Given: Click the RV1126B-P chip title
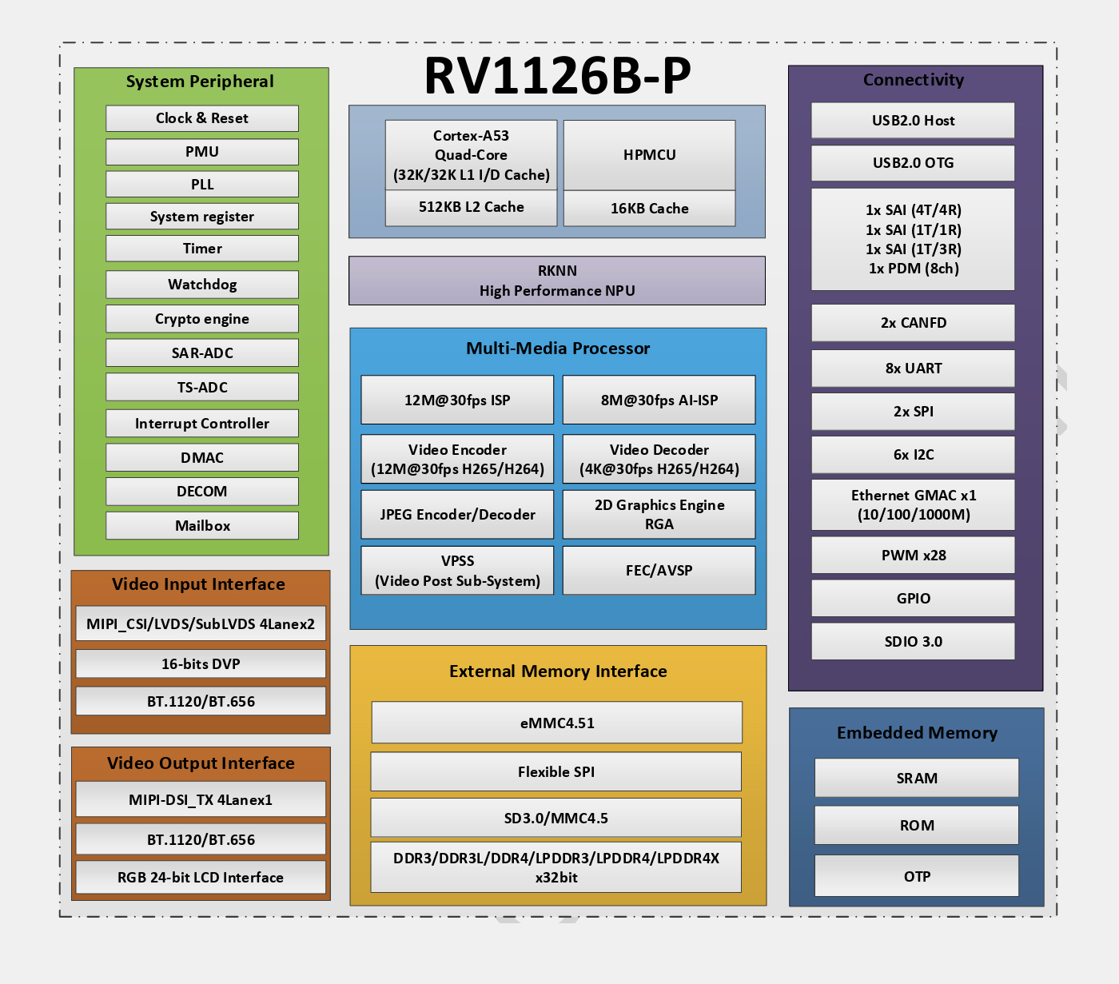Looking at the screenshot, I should tap(557, 76).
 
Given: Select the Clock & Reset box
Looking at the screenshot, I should tap(202, 118).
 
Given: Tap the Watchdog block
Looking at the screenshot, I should tap(202, 285).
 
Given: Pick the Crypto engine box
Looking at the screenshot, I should tap(202, 319).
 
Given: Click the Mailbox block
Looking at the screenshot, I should tap(202, 526).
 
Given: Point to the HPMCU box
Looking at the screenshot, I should tap(649, 155).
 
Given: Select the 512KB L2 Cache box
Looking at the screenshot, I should tap(471, 208).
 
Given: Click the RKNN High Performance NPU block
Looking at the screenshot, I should tap(557, 281).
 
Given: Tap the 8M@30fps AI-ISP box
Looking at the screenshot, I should tap(659, 400).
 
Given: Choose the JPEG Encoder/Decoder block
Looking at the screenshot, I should tap(457, 515).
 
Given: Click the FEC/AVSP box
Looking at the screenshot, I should tap(659, 571).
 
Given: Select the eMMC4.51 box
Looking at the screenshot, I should tap(557, 723).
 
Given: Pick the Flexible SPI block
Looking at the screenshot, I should tap(556, 772).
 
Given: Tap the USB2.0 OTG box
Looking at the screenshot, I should tap(913, 163).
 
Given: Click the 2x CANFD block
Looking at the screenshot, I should tap(913, 323).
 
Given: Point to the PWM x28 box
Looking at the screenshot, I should tap(913, 556).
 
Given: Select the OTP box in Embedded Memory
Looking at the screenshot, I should tap(917, 877).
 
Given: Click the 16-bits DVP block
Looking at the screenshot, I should tap(201, 664).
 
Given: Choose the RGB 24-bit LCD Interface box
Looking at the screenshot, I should tap(201, 878).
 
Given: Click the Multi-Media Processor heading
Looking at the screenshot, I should tap(558, 349).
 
